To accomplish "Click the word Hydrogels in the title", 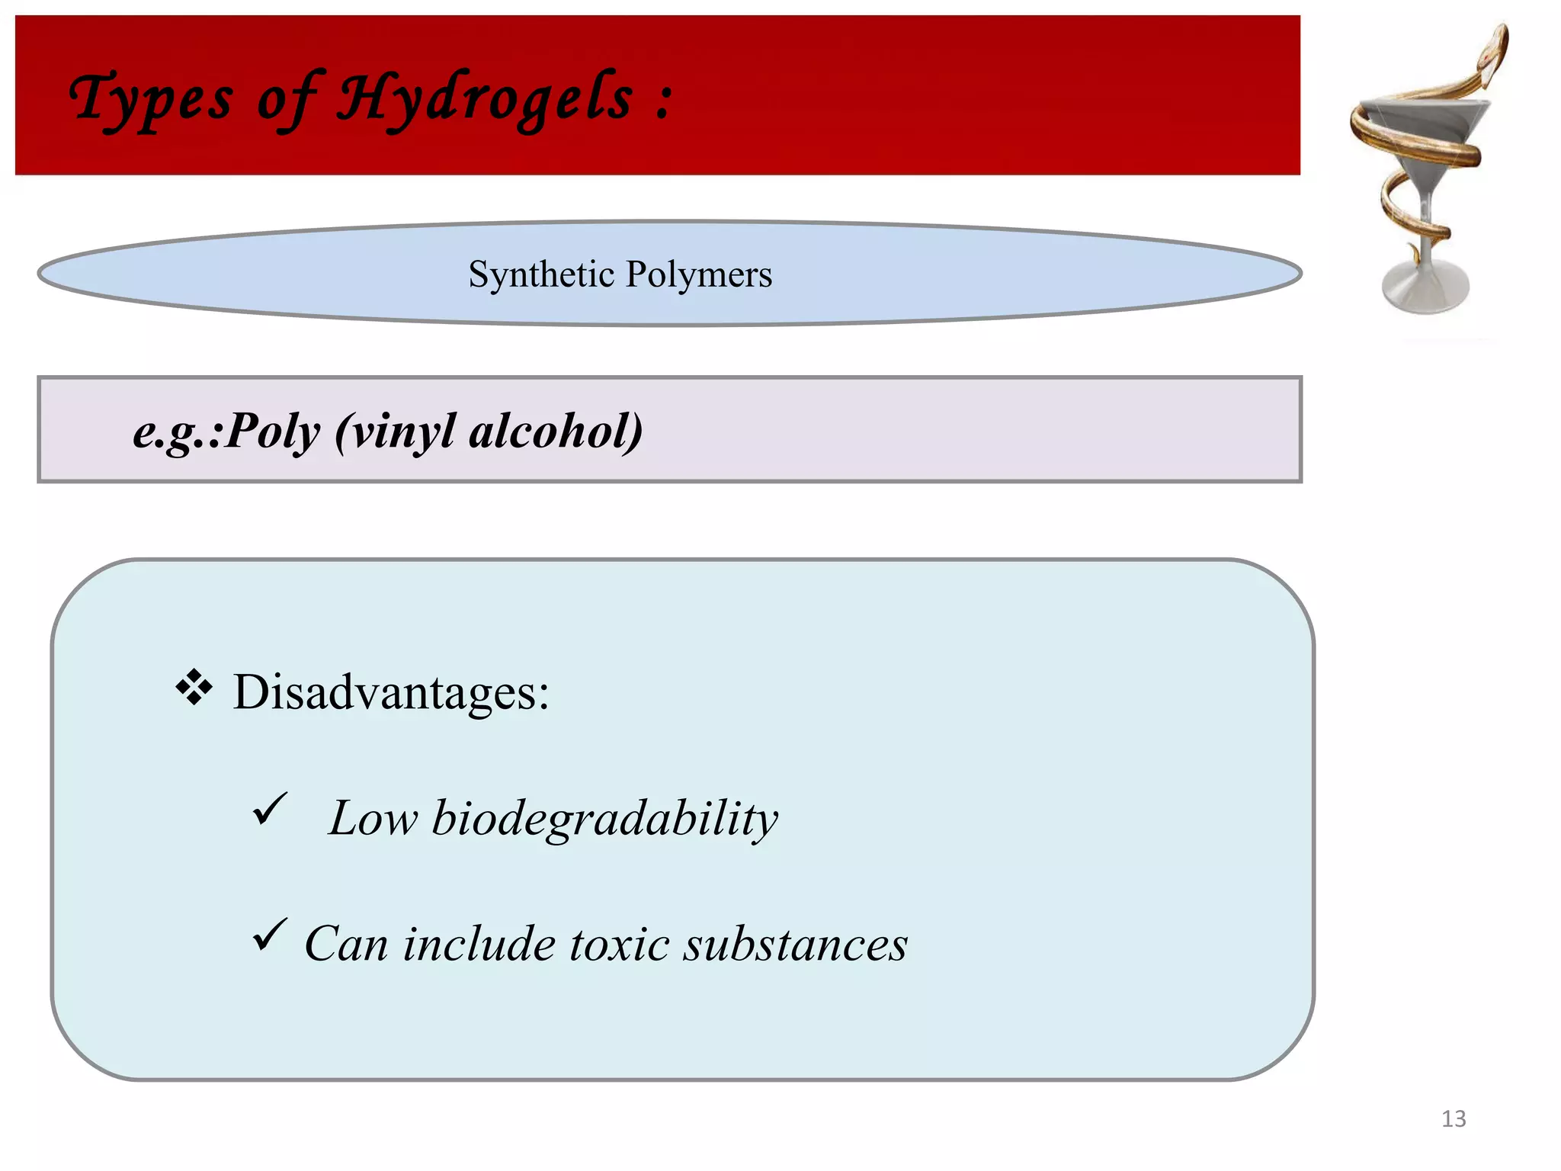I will pos(485,99).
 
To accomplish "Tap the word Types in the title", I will pos(151,99).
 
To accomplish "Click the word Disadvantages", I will pos(390,692).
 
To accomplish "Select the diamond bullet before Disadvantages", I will pos(194,687).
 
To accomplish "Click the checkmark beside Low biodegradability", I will pos(269,809).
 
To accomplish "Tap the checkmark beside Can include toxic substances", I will pos(269,935).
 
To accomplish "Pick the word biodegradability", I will pos(604,820).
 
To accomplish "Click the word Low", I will pos(373,820).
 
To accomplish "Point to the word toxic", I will pos(619,945).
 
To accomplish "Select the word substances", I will pos(795,945).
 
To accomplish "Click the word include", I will pos(478,945).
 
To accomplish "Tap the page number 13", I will pos(1454,1118).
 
